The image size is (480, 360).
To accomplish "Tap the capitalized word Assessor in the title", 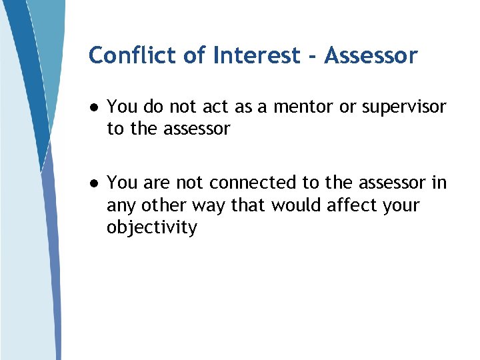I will (371, 55).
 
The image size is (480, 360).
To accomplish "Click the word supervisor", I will (404, 107).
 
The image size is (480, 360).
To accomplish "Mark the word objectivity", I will (152, 228).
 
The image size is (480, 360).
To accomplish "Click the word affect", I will (351, 205).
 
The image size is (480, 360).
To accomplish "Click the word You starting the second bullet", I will (121, 183).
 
